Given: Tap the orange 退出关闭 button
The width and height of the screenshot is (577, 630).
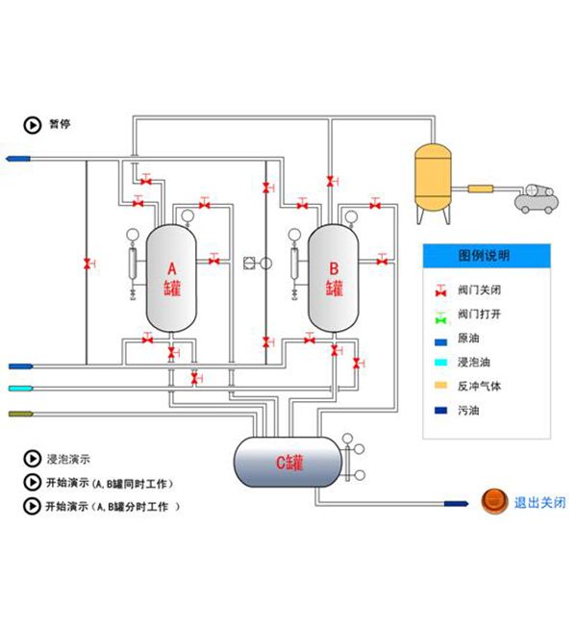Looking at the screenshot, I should [491, 501].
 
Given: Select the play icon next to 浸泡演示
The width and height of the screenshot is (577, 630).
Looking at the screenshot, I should [31, 459].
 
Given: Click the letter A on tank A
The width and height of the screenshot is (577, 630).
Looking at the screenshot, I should [172, 268].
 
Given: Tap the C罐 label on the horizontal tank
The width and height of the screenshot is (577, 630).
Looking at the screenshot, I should [289, 463].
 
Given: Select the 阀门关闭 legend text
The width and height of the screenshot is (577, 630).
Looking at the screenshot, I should [479, 290].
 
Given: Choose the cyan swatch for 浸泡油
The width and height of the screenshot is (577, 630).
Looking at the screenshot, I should [442, 363].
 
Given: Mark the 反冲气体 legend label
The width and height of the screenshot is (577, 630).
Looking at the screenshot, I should [479, 386].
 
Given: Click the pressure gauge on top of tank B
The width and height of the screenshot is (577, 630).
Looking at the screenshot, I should [347, 214].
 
